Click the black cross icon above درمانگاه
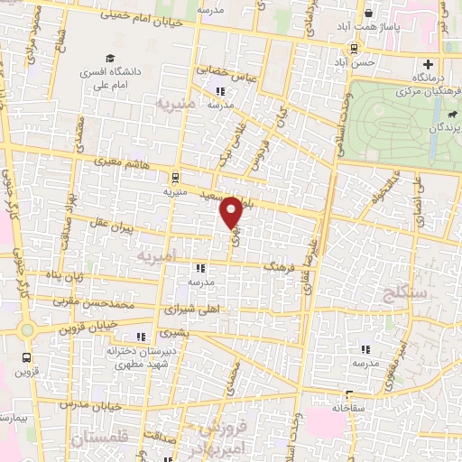pos(429,65)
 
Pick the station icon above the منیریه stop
pos(173,177)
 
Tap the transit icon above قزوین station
pos(27,357)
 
